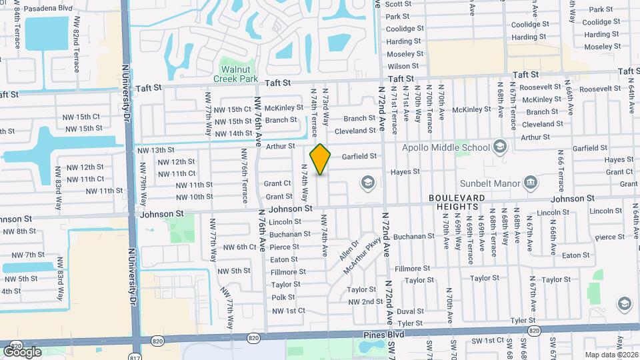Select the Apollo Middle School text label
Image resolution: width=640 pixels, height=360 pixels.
pos(445,147)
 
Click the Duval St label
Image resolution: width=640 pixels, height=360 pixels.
pos(410,311)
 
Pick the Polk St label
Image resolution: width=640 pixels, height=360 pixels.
pos(283,297)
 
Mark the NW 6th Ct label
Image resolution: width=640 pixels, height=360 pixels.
pos(239,247)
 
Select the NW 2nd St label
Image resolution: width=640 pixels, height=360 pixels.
pos(365,302)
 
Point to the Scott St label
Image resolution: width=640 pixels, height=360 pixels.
pos(398,4)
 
